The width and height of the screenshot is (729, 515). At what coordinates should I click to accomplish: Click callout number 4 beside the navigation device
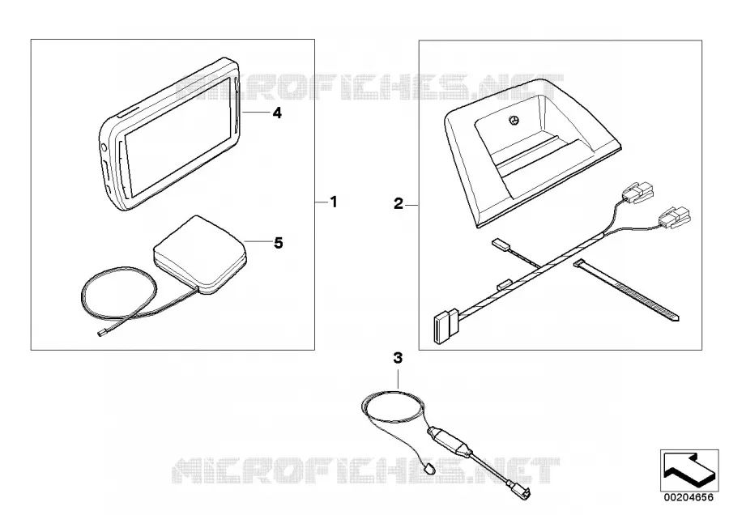click(x=277, y=113)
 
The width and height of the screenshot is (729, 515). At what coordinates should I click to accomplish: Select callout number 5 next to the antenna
click(x=278, y=243)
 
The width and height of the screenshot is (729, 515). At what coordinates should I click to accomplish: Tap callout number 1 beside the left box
click(x=334, y=202)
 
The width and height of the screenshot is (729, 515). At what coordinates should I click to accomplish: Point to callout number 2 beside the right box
click(x=399, y=203)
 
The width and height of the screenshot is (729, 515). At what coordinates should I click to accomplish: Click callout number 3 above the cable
click(x=398, y=358)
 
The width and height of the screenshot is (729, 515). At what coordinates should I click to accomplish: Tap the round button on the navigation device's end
click(x=103, y=148)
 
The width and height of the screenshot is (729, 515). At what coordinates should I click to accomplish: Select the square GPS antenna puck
click(x=199, y=255)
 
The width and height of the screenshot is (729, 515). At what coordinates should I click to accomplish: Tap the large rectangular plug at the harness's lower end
click(x=446, y=326)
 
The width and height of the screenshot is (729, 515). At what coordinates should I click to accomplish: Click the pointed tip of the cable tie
click(x=677, y=319)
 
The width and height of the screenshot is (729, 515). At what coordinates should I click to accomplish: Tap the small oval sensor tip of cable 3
click(x=428, y=468)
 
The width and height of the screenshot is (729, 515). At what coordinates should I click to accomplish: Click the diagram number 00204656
click(x=688, y=497)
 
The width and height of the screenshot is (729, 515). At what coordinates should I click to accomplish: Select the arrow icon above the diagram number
click(x=689, y=470)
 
